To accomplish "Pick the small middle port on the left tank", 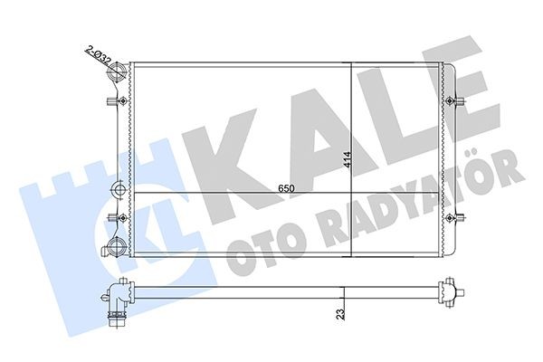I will tap(119, 190).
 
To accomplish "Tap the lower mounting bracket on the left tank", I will tap(115, 217).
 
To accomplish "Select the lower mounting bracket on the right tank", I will tap(461, 217).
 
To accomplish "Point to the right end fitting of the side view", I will tap(447, 292).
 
